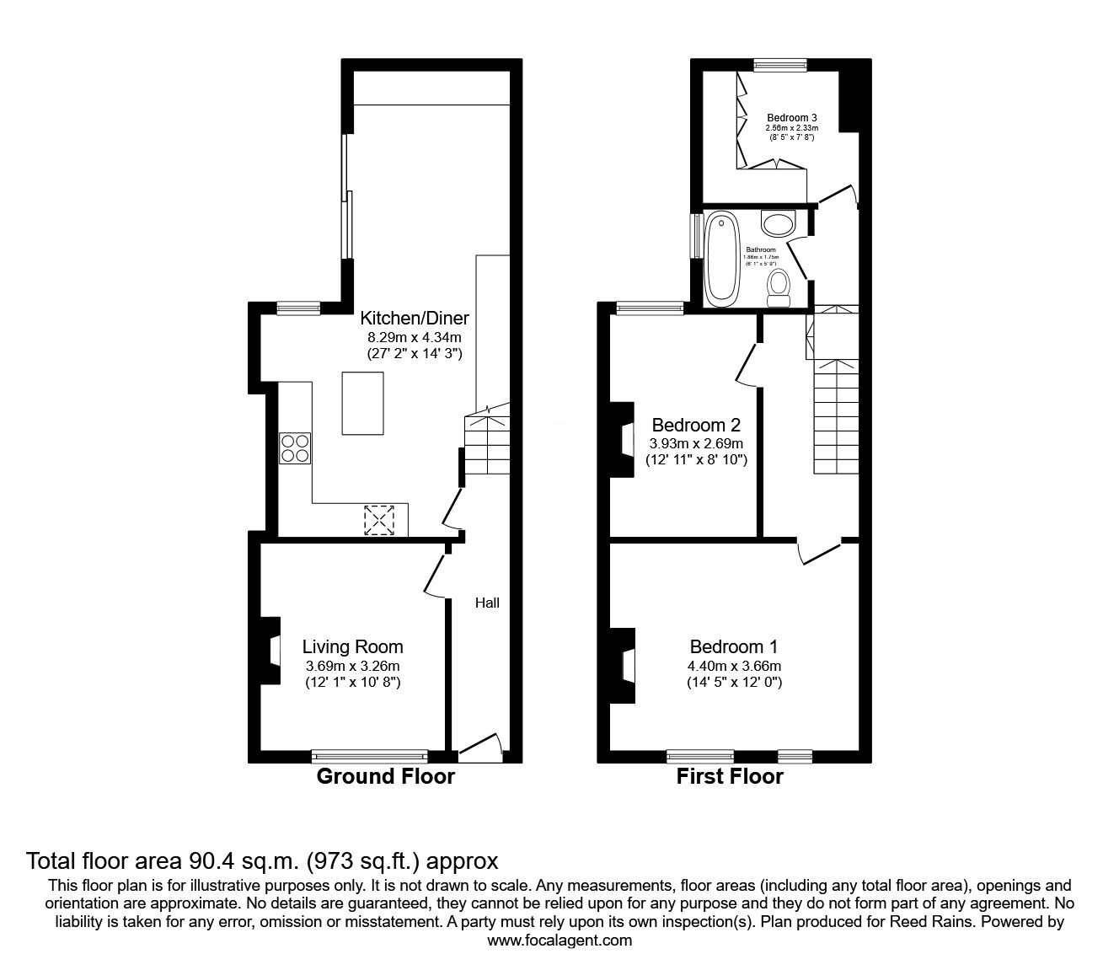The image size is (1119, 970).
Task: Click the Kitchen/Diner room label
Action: (x=414, y=319)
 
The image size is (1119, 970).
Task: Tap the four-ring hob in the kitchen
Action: (x=295, y=447)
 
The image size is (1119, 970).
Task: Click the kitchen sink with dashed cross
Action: (x=379, y=519)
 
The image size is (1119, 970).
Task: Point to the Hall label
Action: (x=487, y=603)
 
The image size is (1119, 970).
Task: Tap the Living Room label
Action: (x=352, y=646)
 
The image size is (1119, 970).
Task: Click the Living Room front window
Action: (x=369, y=756)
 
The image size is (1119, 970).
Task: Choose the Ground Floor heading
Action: (x=385, y=777)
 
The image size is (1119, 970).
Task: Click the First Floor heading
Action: (x=730, y=777)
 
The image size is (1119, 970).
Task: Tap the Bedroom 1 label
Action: (x=733, y=646)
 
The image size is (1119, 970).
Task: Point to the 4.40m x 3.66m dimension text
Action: (x=733, y=665)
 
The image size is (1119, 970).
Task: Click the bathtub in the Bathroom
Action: (x=721, y=259)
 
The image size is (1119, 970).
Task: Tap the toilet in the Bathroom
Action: (x=779, y=287)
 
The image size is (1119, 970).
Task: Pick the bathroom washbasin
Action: (x=779, y=223)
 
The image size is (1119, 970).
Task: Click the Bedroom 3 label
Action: (x=791, y=117)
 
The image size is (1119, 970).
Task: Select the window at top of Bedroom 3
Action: (x=780, y=63)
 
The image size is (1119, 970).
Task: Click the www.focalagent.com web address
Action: (x=559, y=941)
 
